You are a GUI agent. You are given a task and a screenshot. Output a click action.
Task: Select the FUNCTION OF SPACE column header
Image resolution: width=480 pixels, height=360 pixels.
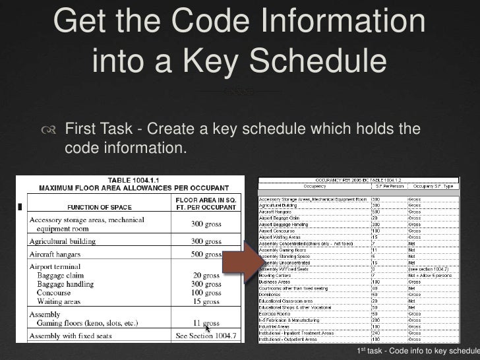97,206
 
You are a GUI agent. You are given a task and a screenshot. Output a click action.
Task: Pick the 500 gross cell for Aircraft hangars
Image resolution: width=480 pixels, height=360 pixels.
206,254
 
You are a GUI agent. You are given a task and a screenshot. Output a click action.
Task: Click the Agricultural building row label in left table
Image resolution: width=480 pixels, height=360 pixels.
62,241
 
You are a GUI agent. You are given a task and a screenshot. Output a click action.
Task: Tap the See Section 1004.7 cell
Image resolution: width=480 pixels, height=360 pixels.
206,336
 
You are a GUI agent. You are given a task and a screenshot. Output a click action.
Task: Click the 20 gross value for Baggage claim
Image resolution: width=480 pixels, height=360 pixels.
206,275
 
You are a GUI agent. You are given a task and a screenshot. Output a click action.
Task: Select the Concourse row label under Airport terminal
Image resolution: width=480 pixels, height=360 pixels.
54,292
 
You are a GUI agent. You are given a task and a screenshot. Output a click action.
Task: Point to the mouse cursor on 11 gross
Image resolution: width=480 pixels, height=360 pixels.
207,328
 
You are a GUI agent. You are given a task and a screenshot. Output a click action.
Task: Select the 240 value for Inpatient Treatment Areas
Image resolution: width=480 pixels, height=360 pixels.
375,333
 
